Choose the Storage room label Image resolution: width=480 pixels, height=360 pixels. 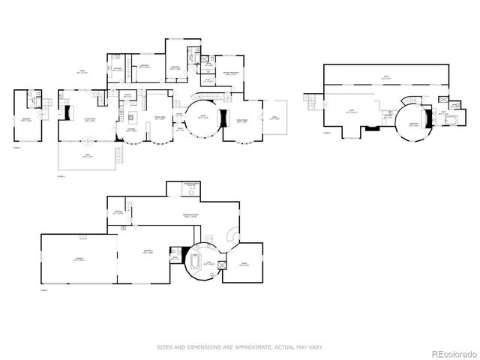click(x=118, y=212)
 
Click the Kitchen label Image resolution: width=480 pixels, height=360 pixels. click(x=130, y=129)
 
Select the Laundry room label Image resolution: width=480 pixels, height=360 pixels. click(x=118, y=69)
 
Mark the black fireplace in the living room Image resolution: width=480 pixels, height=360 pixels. click(x=67, y=112)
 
